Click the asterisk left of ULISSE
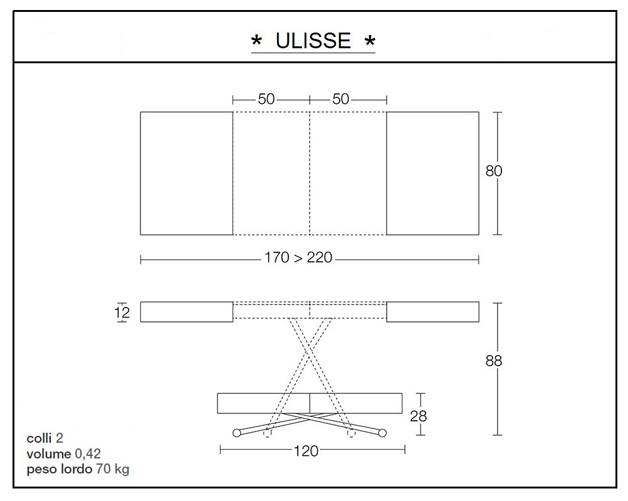pyautogui.click(x=256, y=42)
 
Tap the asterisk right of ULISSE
pyautogui.click(x=370, y=42)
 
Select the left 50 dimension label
pyautogui.click(x=266, y=100)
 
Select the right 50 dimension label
pyautogui.click(x=341, y=100)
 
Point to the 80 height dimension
pyautogui.click(x=494, y=171)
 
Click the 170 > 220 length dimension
pyautogui.click(x=298, y=258)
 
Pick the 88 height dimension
pyautogui.click(x=494, y=361)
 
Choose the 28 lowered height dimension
pyautogui.click(x=418, y=415)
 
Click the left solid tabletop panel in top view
pyautogui.click(x=186, y=173)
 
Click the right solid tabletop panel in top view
pyautogui.click(x=432, y=173)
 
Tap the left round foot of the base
pyautogui.click(x=236, y=432)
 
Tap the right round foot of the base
pyautogui.click(x=382, y=432)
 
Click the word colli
pyautogui.click(x=39, y=438)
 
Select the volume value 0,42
pyautogui.click(x=88, y=453)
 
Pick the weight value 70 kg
pyautogui.click(x=112, y=469)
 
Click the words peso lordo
pyautogui.click(x=60, y=469)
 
